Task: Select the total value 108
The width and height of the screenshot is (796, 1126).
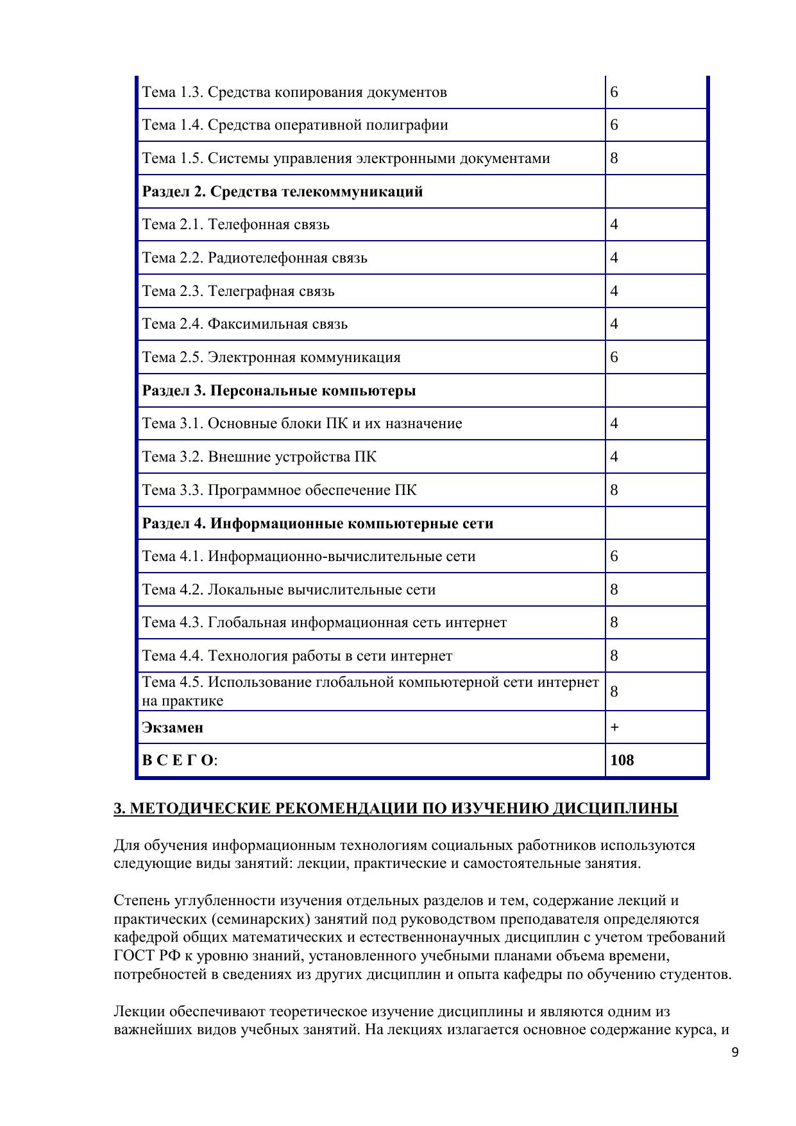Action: [622, 760]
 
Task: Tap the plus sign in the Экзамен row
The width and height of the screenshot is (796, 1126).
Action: [614, 727]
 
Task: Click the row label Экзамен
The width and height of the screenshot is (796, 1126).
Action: [173, 727]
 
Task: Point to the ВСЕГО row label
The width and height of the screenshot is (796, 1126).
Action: [179, 760]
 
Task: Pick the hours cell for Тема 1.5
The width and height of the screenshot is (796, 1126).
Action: [614, 158]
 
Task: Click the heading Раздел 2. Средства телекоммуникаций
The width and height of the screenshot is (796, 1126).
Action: [282, 191]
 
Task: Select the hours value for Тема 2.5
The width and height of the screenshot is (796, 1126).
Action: [614, 357]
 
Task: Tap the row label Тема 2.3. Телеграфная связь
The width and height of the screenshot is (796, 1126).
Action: [238, 291]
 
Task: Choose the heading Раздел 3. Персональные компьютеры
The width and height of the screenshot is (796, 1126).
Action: [278, 390]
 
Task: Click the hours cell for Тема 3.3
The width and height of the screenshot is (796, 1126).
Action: [614, 490]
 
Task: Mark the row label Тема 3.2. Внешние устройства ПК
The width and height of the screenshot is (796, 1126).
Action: [259, 456]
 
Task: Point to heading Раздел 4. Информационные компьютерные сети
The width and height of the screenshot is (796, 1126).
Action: [318, 523]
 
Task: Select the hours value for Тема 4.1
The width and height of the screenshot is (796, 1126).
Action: [614, 556]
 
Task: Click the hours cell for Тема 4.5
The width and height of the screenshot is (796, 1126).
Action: [614, 691]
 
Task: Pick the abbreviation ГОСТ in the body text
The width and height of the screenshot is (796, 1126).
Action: [134, 956]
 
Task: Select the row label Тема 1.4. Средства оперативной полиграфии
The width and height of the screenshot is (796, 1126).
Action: [294, 125]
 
